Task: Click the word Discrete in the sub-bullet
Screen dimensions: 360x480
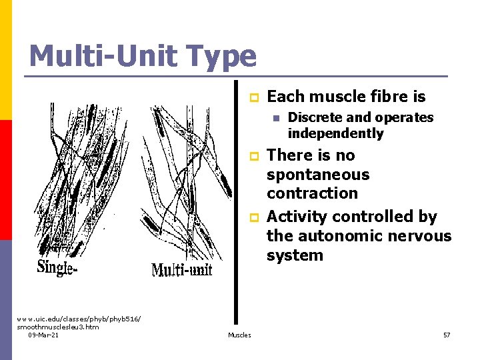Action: tap(315, 118)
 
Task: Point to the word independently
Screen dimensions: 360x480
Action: tap(335, 133)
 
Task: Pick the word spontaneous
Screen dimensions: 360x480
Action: tap(317, 175)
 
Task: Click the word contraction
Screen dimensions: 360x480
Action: tap(312, 193)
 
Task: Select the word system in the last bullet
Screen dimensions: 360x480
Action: tap(295, 255)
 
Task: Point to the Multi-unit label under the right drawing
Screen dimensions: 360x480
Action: tap(181, 269)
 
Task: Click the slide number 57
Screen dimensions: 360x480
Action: tap(447, 335)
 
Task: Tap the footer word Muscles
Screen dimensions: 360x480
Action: tap(239, 335)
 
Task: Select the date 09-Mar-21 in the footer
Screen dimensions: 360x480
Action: tap(43, 335)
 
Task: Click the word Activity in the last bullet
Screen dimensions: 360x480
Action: tap(297, 217)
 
